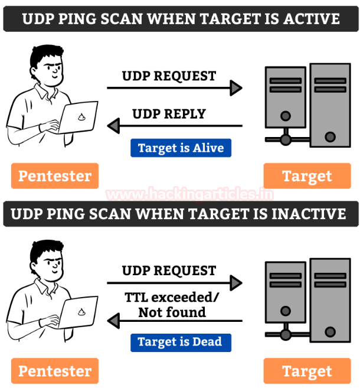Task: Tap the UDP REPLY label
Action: (x=169, y=114)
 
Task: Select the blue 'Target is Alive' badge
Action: (x=181, y=148)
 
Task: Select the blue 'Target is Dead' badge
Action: (x=181, y=343)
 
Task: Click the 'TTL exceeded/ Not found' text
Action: (x=172, y=305)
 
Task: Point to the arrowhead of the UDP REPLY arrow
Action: (x=113, y=126)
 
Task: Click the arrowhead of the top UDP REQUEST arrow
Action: (x=236, y=88)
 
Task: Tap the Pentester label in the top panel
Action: (x=55, y=176)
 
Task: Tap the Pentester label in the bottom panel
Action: (x=55, y=371)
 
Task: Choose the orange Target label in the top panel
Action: (x=307, y=176)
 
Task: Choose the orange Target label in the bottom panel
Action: (x=307, y=371)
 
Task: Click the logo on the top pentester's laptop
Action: (x=81, y=117)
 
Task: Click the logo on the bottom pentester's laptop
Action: (x=81, y=312)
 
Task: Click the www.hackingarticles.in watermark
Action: (x=190, y=194)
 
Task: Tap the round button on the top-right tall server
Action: (x=330, y=137)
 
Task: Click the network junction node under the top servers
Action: (x=286, y=140)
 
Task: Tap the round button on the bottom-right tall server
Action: (x=330, y=332)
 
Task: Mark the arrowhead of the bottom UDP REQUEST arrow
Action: (x=236, y=283)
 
